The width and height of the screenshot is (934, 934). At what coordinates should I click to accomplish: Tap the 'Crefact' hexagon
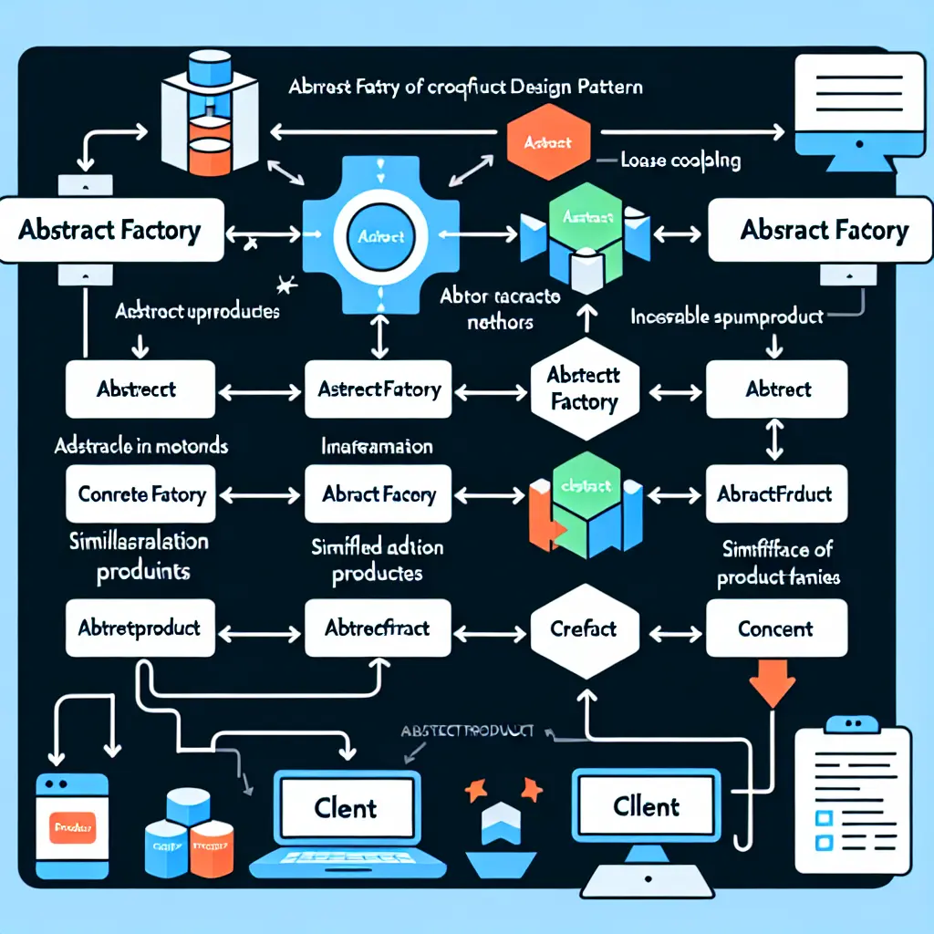click(x=584, y=628)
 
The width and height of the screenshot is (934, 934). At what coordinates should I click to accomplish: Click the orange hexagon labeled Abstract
click(x=549, y=143)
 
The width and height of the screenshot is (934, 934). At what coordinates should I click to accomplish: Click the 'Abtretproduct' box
click(x=140, y=628)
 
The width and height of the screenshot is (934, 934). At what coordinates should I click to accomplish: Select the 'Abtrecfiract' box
click(x=378, y=628)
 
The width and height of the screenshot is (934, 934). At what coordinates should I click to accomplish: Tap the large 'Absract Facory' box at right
click(x=824, y=229)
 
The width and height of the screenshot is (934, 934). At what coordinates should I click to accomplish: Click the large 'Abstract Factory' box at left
click(x=109, y=229)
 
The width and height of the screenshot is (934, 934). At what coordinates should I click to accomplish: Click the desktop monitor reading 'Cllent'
click(x=647, y=806)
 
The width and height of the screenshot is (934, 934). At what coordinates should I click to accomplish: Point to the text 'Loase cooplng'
click(x=680, y=161)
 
